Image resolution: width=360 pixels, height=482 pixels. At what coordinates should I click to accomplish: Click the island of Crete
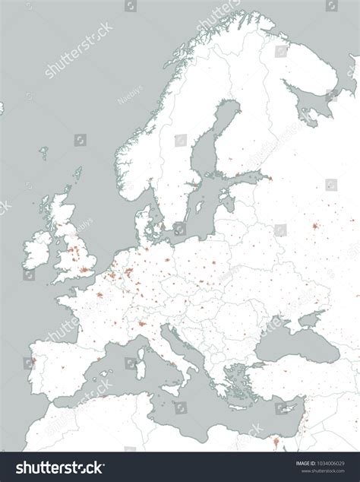pos(242,414)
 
